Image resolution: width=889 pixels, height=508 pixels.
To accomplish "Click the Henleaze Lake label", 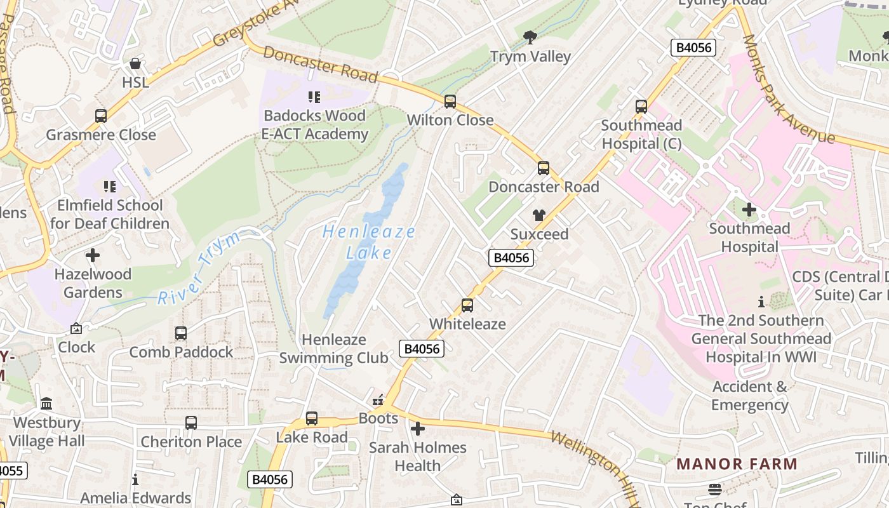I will click(x=369, y=242).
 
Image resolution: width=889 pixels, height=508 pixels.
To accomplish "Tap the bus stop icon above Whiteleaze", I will click(x=467, y=305).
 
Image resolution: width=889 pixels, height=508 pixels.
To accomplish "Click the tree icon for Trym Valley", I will click(x=530, y=37).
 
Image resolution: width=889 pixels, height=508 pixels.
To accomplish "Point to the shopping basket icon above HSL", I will click(x=135, y=63).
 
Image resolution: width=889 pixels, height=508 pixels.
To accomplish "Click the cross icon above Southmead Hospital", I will click(x=749, y=210).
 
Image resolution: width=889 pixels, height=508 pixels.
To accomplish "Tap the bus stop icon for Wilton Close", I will click(x=450, y=101).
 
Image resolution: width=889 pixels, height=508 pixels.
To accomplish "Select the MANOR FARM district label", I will click(x=737, y=464).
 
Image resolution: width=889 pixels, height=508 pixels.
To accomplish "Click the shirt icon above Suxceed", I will click(x=539, y=215).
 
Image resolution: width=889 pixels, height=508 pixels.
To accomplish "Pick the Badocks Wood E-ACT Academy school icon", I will click(x=314, y=97).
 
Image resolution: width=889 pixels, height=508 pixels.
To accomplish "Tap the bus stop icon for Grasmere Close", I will click(x=101, y=116).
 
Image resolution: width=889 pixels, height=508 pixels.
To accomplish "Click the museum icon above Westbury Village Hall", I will click(x=46, y=404).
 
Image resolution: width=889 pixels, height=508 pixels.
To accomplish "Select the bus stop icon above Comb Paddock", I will click(x=181, y=333).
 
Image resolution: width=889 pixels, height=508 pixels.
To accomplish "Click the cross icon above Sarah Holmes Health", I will click(x=418, y=429).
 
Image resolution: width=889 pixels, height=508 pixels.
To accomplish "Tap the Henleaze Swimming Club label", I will click(x=334, y=349).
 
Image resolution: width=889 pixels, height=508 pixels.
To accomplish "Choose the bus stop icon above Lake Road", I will click(x=312, y=418).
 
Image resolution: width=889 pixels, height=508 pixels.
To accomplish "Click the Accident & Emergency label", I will click(x=749, y=396).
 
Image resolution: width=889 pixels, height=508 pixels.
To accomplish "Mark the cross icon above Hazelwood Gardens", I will click(x=93, y=256).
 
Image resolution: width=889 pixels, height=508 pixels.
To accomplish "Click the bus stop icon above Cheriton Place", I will click(x=191, y=423).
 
